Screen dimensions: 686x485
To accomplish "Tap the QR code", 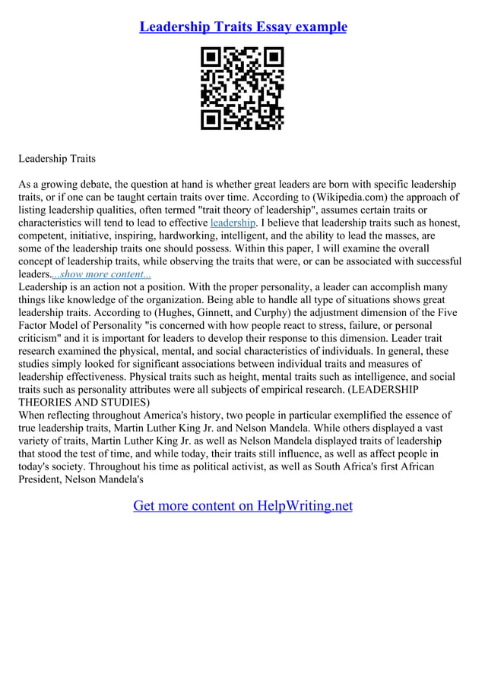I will click(242, 89).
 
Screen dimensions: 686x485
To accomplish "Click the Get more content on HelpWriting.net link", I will click(242, 505).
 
